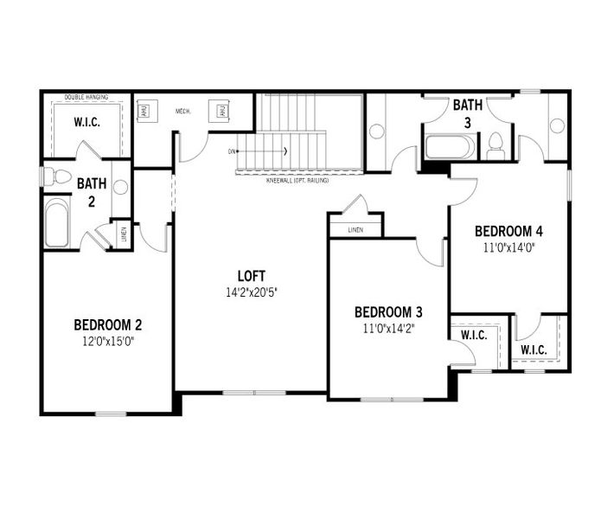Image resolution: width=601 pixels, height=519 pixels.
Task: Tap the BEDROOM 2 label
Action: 108,325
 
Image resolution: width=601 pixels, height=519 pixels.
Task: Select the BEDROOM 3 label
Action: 388,312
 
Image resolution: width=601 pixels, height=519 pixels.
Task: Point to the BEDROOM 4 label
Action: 509,231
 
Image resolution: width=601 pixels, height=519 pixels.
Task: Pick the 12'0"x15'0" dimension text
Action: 108,340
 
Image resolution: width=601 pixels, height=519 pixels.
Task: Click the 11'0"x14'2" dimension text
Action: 388,328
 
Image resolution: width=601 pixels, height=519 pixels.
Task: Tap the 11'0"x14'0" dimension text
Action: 509,247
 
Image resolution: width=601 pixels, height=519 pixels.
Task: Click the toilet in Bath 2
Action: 57,176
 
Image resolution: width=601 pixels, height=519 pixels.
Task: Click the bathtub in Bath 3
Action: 450,146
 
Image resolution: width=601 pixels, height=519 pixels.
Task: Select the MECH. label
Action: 183,111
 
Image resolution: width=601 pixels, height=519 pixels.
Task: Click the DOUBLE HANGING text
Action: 86,98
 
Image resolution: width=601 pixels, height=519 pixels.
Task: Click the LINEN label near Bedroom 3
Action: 355,230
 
